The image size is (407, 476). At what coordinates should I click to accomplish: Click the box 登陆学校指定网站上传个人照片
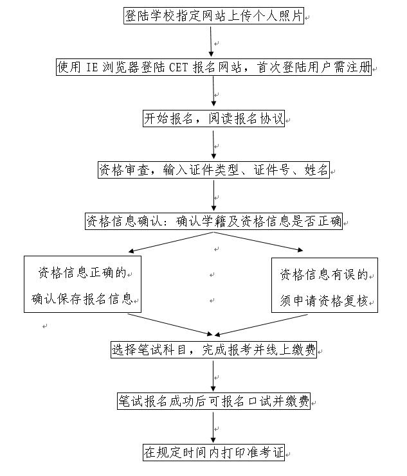213,16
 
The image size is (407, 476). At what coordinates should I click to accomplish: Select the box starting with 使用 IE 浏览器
213,67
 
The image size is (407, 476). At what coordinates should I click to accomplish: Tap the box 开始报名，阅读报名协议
213,119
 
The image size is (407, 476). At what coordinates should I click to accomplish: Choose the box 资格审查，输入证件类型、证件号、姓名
213,170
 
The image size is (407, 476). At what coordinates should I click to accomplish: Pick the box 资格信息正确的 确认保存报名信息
82,285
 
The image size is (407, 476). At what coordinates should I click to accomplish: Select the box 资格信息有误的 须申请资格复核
324,285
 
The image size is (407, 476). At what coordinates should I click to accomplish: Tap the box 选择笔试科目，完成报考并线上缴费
213,350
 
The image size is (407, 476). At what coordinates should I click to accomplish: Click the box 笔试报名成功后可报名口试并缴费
213,401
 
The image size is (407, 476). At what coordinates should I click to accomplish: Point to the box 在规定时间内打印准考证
213,452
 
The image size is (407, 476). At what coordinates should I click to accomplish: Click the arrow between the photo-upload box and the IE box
211,41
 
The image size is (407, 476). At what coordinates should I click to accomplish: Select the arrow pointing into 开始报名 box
213,93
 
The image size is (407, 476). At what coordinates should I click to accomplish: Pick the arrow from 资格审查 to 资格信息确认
213,195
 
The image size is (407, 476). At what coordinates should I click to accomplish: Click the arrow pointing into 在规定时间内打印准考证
213,427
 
